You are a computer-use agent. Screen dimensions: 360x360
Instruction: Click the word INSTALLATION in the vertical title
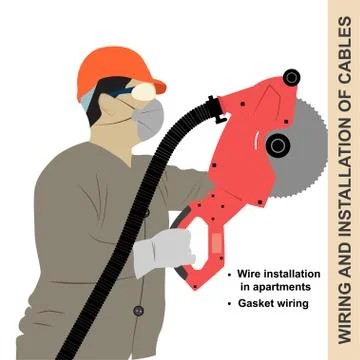coord(343,180)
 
